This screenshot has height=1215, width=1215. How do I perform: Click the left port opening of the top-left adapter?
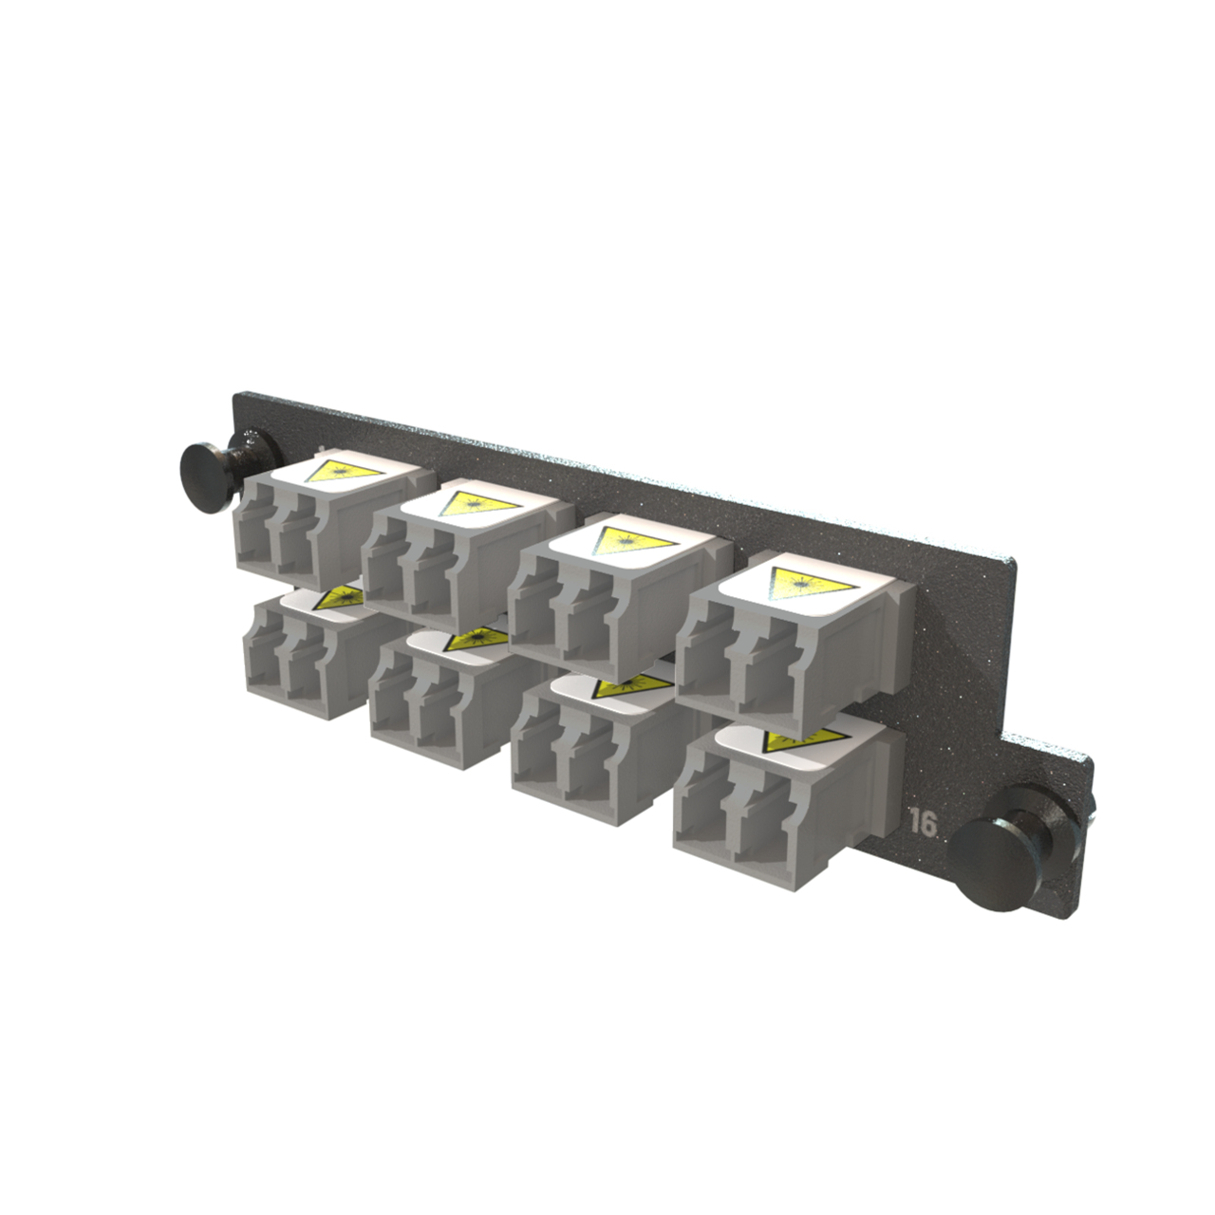(x=254, y=541)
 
